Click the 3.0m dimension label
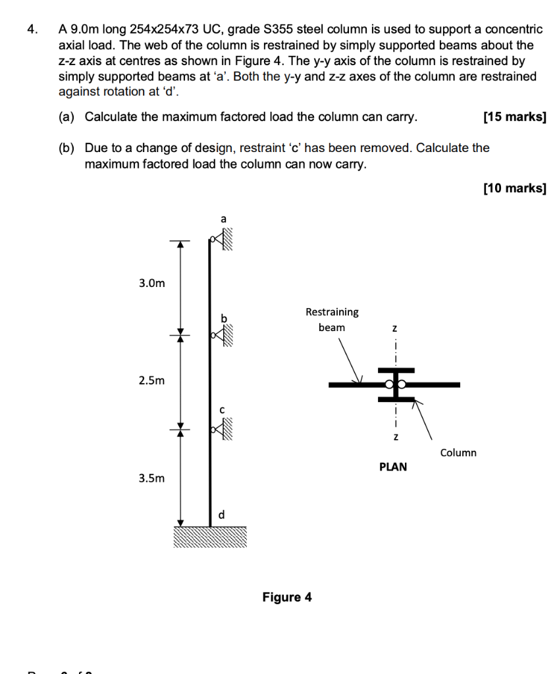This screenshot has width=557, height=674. (x=151, y=284)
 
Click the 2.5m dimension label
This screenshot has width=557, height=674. (x=151, y=380)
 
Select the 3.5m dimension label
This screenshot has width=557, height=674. (x=151, y=478)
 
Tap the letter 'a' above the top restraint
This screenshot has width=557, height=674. (x=223, y=219)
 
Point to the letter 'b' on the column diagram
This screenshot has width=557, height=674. (x=223, y=319)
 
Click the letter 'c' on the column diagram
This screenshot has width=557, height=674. (x=223, y=409)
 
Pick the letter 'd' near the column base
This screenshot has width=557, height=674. (x=221, y=515)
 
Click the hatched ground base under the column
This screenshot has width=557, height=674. (x=210, y=537)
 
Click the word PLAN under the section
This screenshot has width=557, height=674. (x=393, y=467)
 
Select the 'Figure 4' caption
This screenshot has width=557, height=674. (x=287, y=597)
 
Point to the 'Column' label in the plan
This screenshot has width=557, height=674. (x=458, y=453)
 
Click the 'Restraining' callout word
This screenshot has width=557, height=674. (x=332, y=311)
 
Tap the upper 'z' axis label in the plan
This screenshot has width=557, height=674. (x=395, y=327)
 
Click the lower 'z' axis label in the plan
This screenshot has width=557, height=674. (x=395, y=437)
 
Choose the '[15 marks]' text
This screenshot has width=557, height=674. (x=514, y=117)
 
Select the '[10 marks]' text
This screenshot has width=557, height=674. (x=514, y=189)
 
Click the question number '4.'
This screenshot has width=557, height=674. (x=32, y=30)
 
